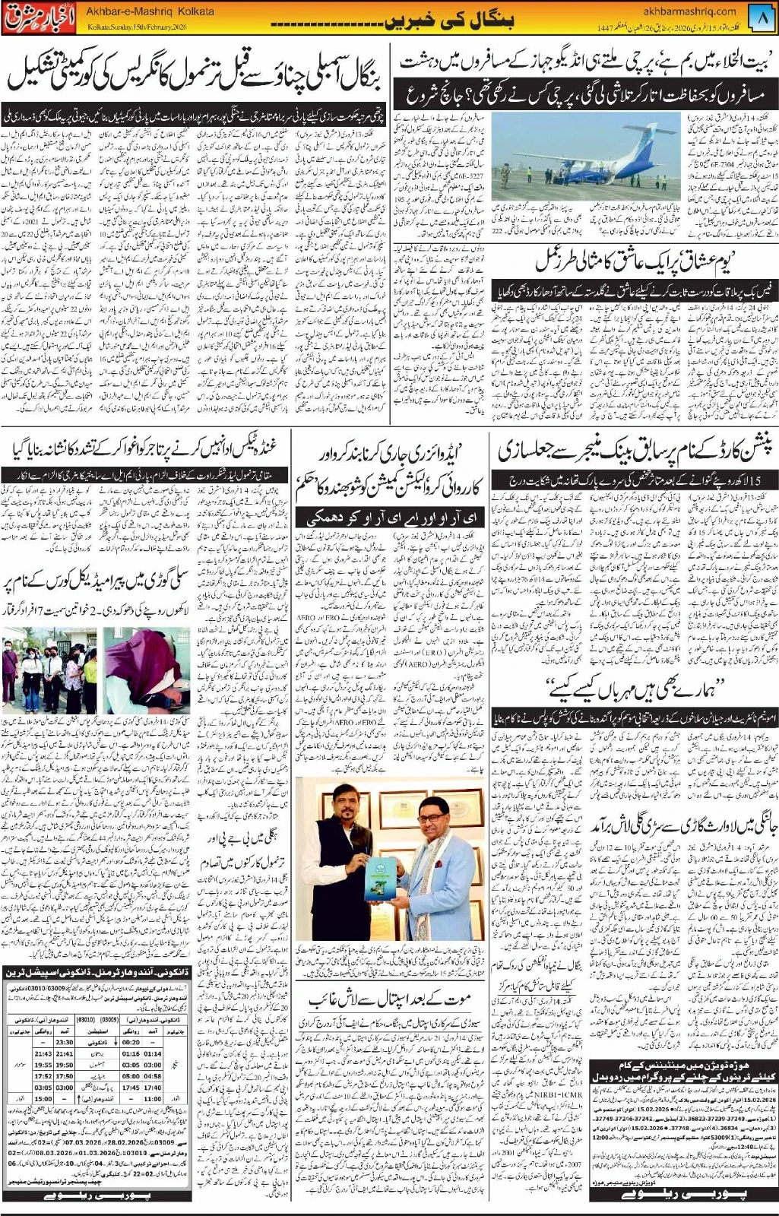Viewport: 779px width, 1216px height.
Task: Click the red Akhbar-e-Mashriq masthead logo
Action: [x=30, y=17]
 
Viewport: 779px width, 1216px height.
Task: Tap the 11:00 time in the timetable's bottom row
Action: [x=152, y=1099]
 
